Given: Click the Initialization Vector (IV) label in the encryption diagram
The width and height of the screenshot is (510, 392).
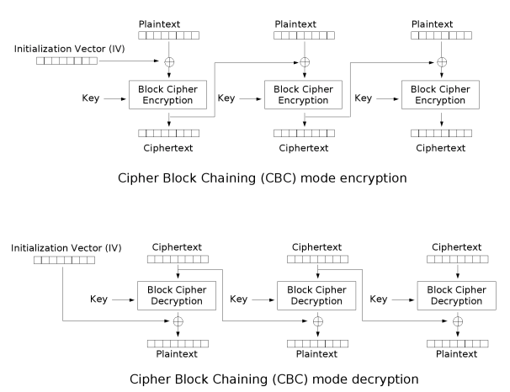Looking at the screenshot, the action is click(69, 49).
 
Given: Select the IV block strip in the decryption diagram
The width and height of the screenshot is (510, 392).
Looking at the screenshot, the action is click(65, 260).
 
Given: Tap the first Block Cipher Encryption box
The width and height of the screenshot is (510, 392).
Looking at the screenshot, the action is click(167, 94).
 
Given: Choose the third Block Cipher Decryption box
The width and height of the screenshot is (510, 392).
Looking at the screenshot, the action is click(457, 295).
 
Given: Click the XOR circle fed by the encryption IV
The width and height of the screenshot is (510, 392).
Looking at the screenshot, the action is click(169, 61).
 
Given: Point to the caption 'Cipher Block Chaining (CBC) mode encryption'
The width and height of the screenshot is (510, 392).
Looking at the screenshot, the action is click(263, 178).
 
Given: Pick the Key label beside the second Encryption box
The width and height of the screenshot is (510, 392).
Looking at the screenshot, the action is click(226, 98).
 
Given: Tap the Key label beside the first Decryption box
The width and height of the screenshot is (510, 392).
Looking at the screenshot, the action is click(98, 299).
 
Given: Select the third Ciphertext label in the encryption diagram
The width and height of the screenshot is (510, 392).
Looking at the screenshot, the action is click(440, 148).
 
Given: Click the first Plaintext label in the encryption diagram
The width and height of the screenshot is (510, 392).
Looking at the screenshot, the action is click(159, 24).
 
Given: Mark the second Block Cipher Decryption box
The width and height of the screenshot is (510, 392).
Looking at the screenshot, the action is click(316, 295).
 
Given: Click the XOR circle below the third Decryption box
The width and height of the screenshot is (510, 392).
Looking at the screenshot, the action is click(458, 321).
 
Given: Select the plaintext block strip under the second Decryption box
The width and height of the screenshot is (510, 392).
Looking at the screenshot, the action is click(317, 343).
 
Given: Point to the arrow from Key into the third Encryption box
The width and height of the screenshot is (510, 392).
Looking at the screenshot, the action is click(387, 98).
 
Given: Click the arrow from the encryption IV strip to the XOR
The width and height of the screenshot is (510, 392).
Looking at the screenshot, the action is click(129, 61).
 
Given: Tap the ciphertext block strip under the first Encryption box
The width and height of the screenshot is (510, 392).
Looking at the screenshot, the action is click(169, 133).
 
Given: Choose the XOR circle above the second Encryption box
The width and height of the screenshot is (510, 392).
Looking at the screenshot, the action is click(305, 61).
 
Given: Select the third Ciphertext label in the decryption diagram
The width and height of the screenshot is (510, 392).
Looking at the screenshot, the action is click(457, 247).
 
